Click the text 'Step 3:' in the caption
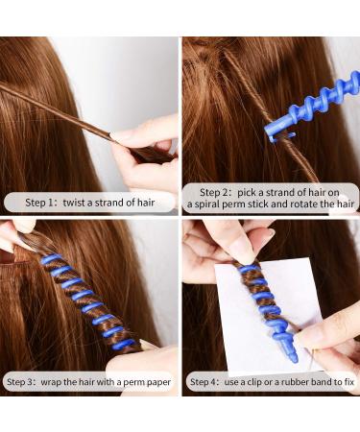click(23, 381)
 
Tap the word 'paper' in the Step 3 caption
click(157, 381)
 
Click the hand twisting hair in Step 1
click(144, 144)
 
